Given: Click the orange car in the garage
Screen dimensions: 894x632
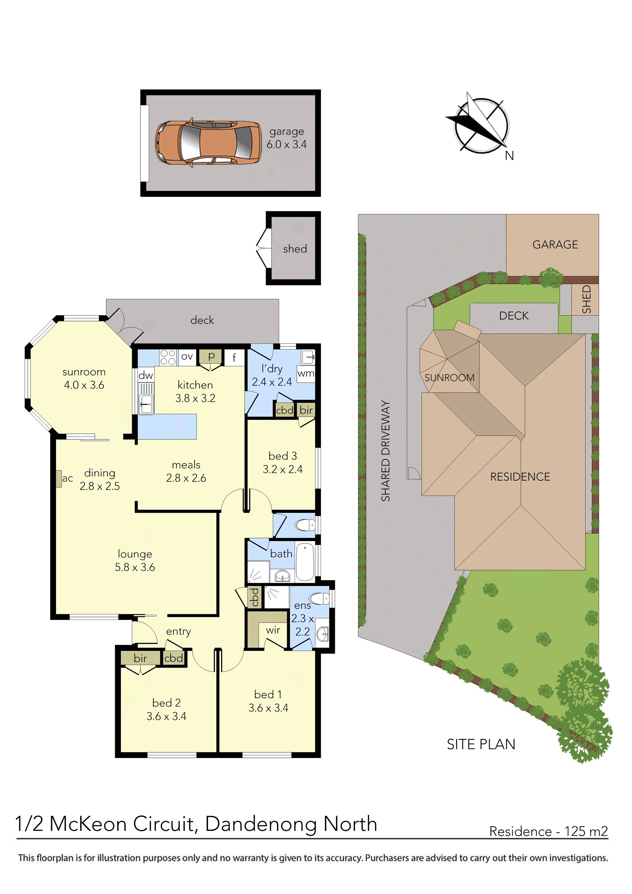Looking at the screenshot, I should click(x=208, y=142).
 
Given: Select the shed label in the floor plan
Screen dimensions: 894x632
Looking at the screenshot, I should click(x=295, y=249).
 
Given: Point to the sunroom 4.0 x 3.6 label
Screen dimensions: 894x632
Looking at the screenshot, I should click(x=84, y=378).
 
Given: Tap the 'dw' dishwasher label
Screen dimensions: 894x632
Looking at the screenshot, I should click(x=146, y=375).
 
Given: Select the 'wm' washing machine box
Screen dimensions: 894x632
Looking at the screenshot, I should click(x=306, y=373).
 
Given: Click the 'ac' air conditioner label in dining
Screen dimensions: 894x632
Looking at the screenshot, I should click(x=67, y=478).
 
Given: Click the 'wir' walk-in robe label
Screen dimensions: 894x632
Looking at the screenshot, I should click(x=273, y=630).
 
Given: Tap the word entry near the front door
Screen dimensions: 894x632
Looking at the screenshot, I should click(x=178, y=631).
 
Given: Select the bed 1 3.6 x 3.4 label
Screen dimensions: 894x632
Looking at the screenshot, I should click(x=268, y=701).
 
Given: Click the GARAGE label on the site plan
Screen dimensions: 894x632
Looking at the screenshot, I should click(x=555, y=245).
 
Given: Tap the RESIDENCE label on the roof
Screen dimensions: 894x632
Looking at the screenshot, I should click(x=520, y=477).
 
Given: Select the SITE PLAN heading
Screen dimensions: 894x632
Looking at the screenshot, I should click(x=481, y=744).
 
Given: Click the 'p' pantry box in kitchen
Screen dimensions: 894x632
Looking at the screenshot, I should click(x=211, y=356).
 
